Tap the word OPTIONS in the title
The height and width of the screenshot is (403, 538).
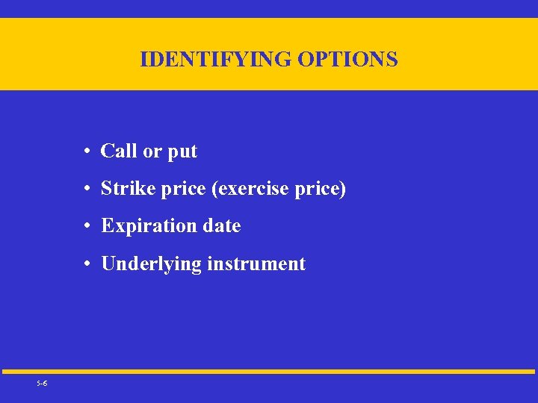pyautogui.click(x=347, y=59)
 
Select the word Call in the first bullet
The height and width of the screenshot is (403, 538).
pyautogui.click(x=119, y=151)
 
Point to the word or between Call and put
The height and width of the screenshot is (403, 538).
pyautogui.click(x=152, y=151)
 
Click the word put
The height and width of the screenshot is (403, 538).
pyautogui.click(x=182, y=152)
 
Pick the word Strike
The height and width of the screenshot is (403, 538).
pyautogui.click(x=125, y=189)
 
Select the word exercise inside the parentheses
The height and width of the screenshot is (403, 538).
pyautogui.click(x=252, y=189)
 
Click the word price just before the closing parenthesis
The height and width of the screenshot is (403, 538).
pyautogui.click(x=317, y=190)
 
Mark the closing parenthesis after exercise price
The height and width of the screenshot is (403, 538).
pyautogui.click(x=343, y=190)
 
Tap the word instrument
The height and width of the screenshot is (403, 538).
pyautogui.click(x=256, y=263)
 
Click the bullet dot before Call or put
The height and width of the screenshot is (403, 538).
pyautogui.click(x=87, y=151)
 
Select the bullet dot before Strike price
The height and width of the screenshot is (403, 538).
pyautogui.click(x=87, y=190)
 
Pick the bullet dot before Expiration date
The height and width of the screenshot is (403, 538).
pyautogui.click(x=87, y=226)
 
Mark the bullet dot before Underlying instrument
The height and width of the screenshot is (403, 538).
pyautogui.click(x=87, y=264)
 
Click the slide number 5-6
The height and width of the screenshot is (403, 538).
pyautogui.click(x=42, y=383)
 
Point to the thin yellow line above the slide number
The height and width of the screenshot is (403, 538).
pyautogui.click(x=269, y=371)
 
